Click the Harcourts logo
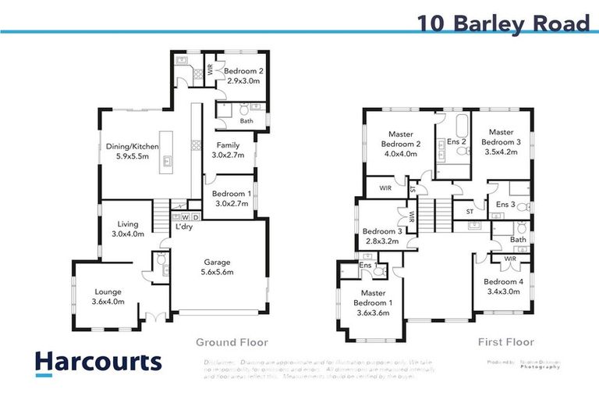pos(98,362)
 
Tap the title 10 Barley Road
pos(504,23)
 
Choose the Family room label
pos(229,150)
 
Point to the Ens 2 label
pos(457,141)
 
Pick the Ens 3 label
pos(505,205)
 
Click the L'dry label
pos(184,227)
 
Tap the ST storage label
pos(469,210)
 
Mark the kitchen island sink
pos(167,163)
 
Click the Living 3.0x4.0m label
pos(129,228)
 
